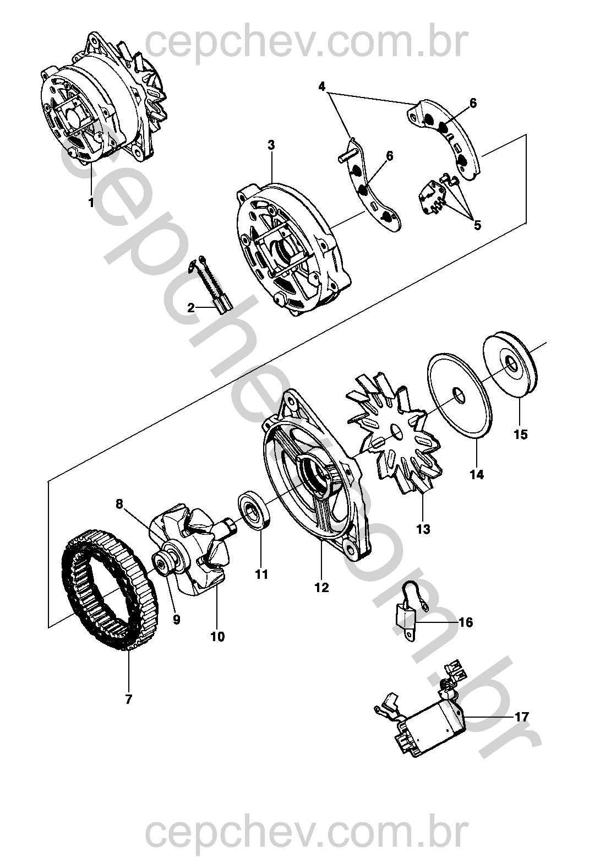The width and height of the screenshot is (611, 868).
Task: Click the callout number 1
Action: (91, 203)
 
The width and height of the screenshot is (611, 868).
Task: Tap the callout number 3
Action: (271, 145)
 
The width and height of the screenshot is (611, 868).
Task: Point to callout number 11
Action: (262, 574)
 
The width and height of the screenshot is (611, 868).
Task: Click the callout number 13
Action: (423, 529)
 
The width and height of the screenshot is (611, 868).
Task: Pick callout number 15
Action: (521, 435)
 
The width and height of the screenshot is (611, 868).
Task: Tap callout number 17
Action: (521, 717)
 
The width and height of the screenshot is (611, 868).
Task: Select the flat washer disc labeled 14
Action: (460, 395)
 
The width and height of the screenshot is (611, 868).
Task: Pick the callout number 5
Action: (477, 225)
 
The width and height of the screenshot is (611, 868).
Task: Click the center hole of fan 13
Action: (397, 430)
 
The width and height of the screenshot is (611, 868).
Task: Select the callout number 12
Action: (322, 588)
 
